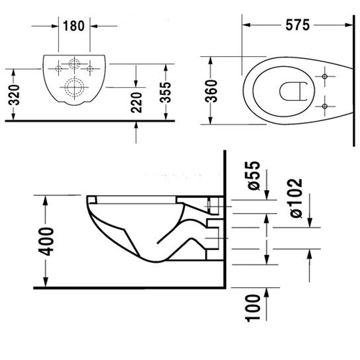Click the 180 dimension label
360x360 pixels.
coord(73,26)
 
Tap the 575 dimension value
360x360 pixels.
coord(297,25)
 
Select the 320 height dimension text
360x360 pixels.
coord(14,95)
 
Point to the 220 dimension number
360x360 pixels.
coord(137,102)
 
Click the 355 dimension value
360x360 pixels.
coord(166,92)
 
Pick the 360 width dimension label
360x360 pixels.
coord(212,91)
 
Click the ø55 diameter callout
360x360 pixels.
coord(253,176)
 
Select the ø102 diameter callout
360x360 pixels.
coord(296,198)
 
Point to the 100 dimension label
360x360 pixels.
coord(253,308)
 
